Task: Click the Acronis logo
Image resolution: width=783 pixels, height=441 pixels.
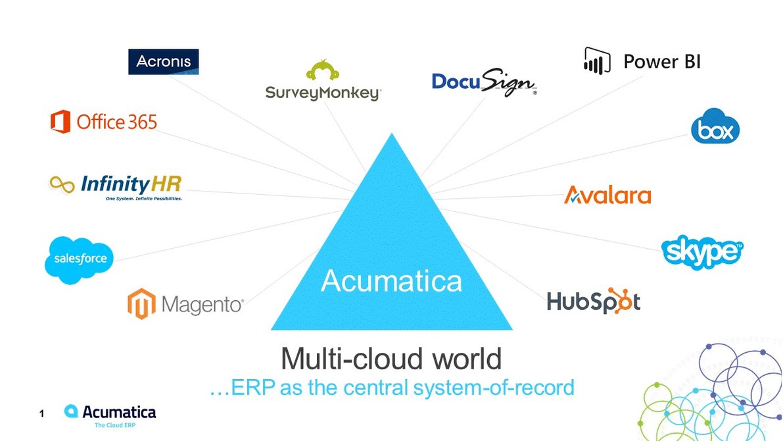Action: click(x=163, y=62)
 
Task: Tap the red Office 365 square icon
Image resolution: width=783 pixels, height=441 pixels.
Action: click(x=60, y=122)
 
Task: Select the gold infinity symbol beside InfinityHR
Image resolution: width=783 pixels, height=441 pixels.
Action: click(x=62, y=184)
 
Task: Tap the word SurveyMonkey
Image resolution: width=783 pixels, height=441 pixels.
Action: click(x=323, y=93)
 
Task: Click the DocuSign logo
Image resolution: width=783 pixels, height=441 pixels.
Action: click(x=484, y=82)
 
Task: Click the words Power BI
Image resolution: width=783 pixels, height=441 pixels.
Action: click(x=661, y=62)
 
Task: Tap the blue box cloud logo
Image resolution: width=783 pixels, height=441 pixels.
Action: click(x=715, y=129)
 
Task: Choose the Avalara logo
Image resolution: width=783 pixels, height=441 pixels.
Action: click(x=607, y=195)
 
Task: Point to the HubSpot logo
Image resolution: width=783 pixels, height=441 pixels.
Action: click(x=593, y=301)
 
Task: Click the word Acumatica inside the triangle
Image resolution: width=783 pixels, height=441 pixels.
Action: click(x=391, y=281)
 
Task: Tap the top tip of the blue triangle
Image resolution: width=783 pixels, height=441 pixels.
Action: click(x=392, y=136)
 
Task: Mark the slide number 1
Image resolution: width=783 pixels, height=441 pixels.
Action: click(x=41, y=414)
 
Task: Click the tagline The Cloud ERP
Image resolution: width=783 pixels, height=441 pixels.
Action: click(x=115, y=425)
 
